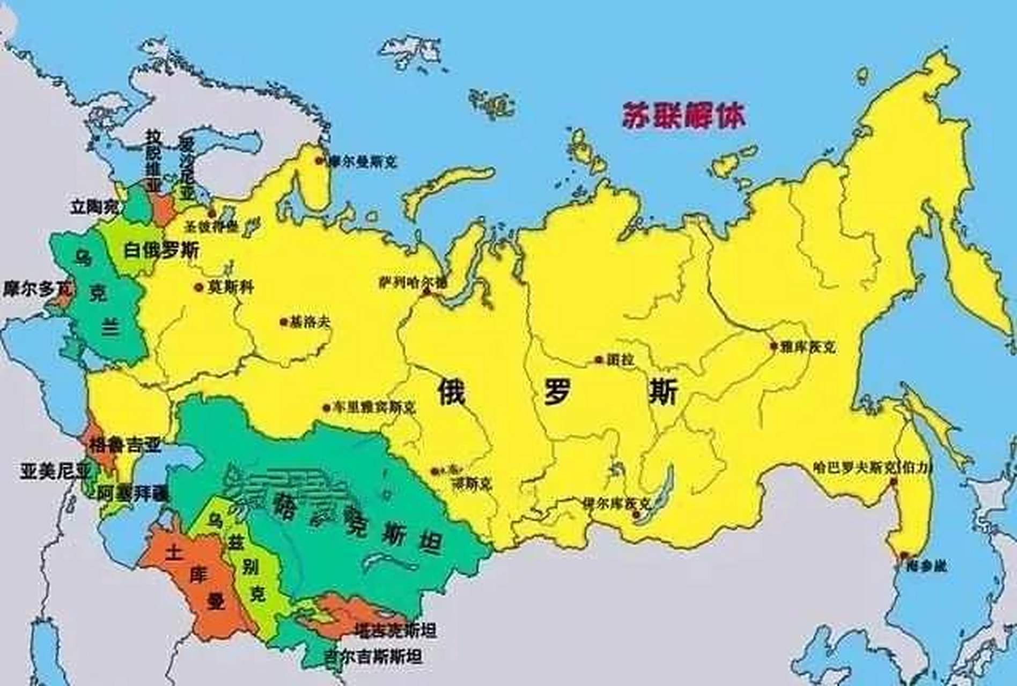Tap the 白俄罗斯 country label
click(x=161, y=250)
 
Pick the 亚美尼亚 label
click(x=56, y=471)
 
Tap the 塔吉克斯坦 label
click(x=395, y=630)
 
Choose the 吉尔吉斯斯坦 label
click(x=373, y=656)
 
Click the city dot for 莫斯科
click(x=198, y=287)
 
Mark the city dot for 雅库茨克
click(x=773, y=346)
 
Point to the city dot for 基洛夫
click(x=283, y=322)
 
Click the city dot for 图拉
click(x=599, y=360)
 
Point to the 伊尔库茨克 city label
click(x=617, y=504)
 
